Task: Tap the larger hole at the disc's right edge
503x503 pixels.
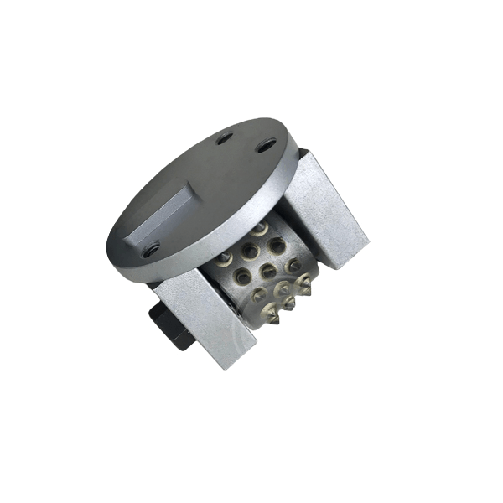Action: click(x=266, y=145)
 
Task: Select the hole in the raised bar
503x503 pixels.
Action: click(x=151, y=249)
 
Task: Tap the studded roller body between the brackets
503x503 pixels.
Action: click(x=264, y=281)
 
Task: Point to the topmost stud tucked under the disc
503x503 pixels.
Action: click(x=261, y=228)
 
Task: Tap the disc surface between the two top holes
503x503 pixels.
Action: click(x=244, y=142)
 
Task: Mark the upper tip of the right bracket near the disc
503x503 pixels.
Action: click(x=303, y=151)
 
